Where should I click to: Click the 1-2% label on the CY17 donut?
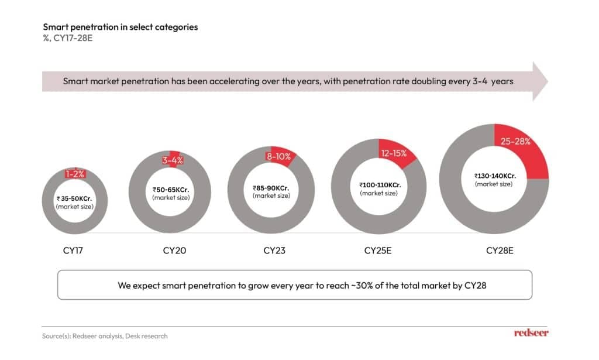(75, 174)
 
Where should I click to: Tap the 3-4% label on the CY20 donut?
(173, 160)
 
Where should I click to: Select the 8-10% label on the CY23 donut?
(278, 156)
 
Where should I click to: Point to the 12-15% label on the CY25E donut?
(394, 153)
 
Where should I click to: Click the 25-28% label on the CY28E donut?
(515, 142)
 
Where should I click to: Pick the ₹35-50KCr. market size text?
(74, 198)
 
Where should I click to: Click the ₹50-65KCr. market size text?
(171, 190)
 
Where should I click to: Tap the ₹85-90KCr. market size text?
(271, 188)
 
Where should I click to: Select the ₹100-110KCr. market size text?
(380, 185)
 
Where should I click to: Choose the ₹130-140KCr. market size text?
(495, 176)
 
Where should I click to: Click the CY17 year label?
(73, 251)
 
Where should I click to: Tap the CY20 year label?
(174, 251)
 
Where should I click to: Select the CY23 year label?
(274, 251)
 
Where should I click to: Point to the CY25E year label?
(378, 251)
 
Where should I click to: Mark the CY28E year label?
(500, 251)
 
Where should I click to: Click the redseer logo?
(531, 333)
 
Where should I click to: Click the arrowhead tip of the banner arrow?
(548, 81)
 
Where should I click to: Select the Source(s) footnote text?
(105, 336)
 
